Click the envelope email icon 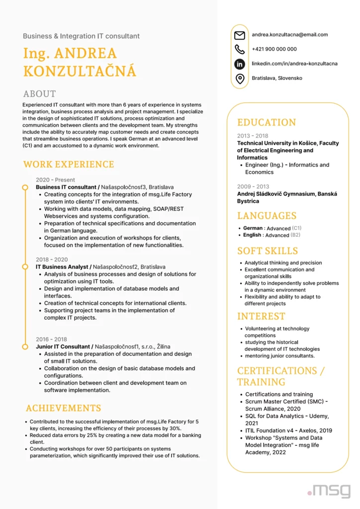(x=240, y=35)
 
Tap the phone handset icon (x=240, y=49)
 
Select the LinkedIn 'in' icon (x=240, y=64)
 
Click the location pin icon (x=240, y=79)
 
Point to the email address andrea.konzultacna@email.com (x=289, y=35)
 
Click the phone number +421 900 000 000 (x=274, y=49)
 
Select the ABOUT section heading (x=39, y=94)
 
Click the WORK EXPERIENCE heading (x=69, y=165)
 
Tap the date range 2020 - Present (x=55, y=180)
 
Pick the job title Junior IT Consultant (x=64, y=346)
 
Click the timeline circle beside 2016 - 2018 (x=24, y=346)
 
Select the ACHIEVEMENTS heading (x=63, y=408)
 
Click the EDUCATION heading (x=266, y=122)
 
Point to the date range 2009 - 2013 (x=253, y=186)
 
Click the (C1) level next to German (x=296, y=228)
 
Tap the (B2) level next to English (x=295, y=235)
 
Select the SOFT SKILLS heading (x=268, y=251)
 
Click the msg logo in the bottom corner (x=329, y=490)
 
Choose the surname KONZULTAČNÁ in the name (x=79, y=71)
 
